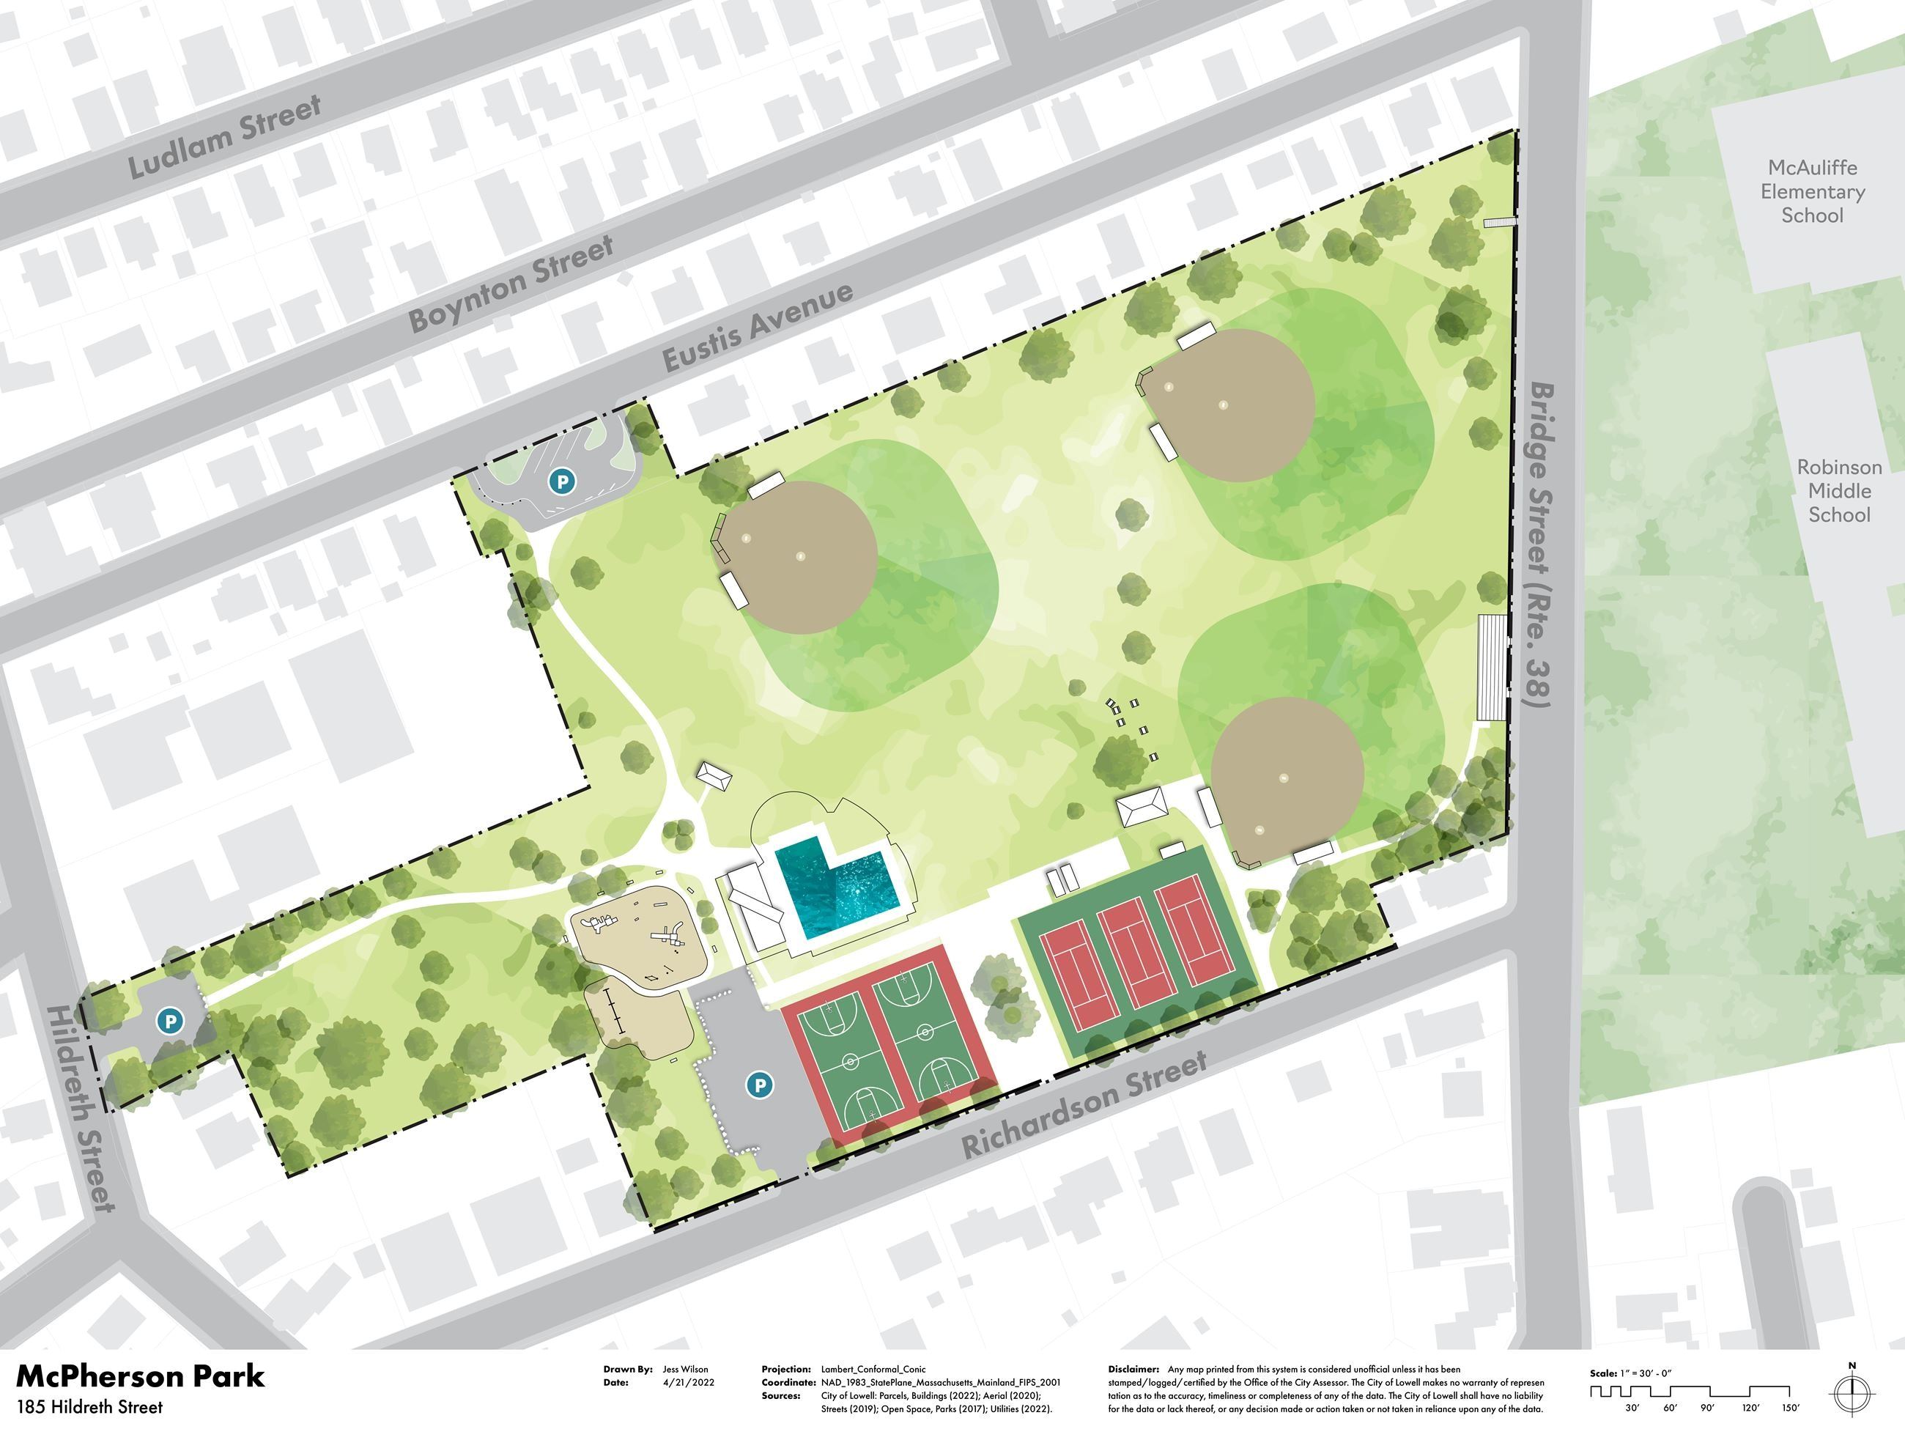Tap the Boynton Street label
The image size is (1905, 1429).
point(511,283)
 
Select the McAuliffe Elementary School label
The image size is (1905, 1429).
point(1812,191)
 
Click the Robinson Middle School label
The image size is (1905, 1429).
point(1838,491)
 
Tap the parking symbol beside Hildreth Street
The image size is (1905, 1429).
point(170,1021)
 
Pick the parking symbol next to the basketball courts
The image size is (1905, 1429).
point(759,1085)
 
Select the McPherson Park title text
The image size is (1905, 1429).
point(141,1376)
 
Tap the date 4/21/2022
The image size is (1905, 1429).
point(688,1383)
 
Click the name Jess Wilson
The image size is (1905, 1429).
point(686,1369)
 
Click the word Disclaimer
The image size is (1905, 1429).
point(1133,1369)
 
